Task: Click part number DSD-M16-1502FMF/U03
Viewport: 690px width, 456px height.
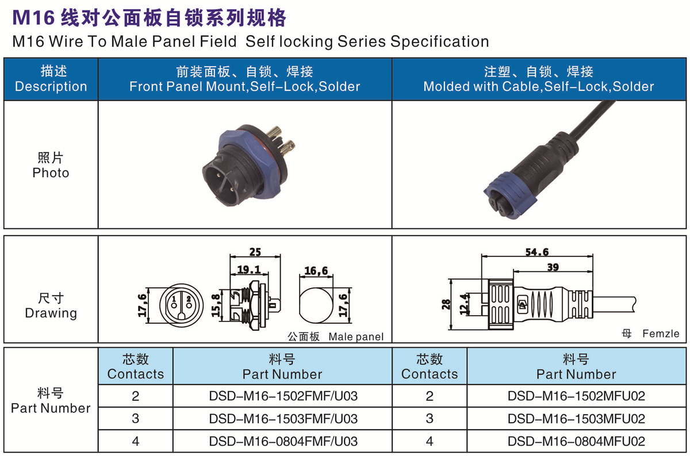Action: tap(283, 396)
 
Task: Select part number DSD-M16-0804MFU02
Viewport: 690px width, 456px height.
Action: tap(576, 441)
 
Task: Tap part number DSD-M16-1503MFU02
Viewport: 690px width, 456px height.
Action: tap(576, 419)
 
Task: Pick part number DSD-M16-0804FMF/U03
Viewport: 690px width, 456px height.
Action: tap(283, 441)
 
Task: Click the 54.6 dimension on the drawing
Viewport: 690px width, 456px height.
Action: tap(537, 252)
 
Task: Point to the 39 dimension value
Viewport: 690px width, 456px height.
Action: tap(553, 267)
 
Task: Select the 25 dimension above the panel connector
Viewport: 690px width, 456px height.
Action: tap(255, 252)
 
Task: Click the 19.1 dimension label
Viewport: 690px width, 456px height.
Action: tap(248, 270)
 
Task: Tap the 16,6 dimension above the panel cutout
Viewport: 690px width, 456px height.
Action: tap(316, 271)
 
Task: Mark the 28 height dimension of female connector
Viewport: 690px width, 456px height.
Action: tap(446, 304)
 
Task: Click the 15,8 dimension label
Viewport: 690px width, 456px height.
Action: tap(216, 306)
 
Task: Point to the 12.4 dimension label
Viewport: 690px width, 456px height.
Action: tap(464, 304)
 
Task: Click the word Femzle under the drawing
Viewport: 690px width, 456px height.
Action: tap(661, 334)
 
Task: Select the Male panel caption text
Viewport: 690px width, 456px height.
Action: tap(356, 337)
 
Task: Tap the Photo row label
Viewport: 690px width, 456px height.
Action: tap(51, 173)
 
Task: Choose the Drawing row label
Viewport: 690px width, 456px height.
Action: tap(51, 313)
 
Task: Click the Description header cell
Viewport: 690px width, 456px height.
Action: tap(51, 79)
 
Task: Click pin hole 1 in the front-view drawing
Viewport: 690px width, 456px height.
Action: tap(174, 306)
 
